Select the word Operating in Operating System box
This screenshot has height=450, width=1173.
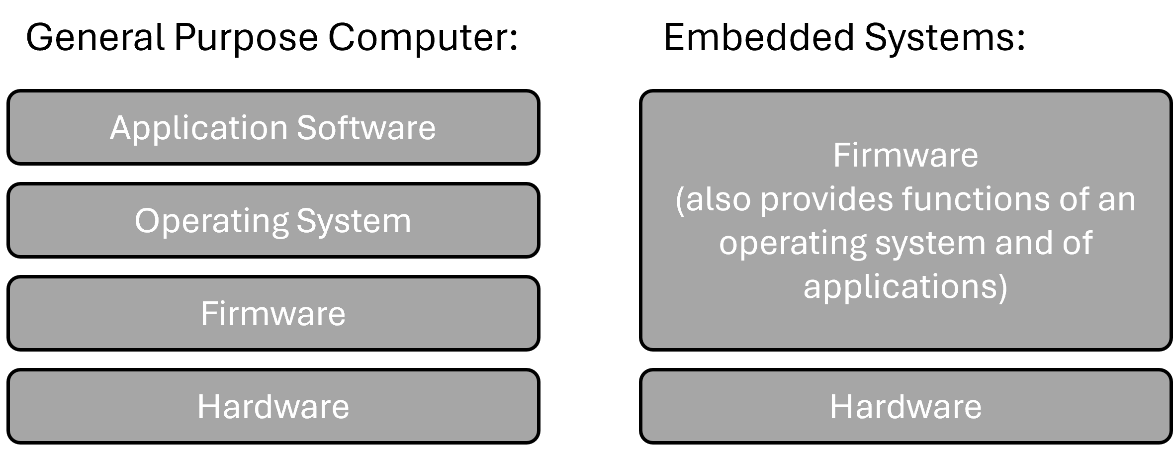212,221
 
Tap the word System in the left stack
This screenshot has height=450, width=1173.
354,221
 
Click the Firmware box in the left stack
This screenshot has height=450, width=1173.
273,314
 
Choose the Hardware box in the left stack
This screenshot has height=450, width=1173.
273,406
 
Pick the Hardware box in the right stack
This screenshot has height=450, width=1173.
905,406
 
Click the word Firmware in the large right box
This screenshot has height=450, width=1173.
905,156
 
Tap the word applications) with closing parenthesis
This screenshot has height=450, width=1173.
905,287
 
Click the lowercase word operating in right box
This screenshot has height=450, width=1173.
792,244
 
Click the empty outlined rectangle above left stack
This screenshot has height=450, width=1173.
272,38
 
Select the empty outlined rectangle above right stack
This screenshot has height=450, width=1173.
845,38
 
